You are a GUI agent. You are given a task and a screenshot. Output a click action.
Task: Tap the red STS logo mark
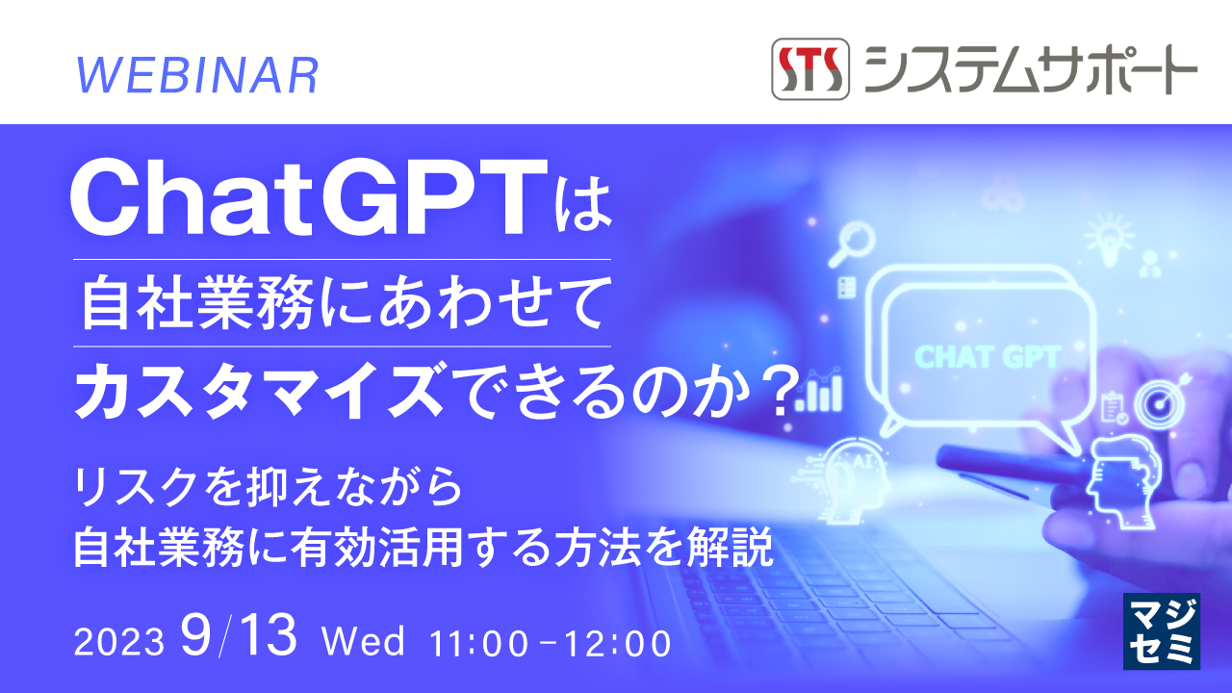[810, 69]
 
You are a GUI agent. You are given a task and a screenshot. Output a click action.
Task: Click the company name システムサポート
[1030, 69]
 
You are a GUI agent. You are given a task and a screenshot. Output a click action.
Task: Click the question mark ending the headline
[780, 391]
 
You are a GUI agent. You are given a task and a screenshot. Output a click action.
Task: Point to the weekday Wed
[365, 642]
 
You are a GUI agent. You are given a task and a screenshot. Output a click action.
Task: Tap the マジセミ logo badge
[1162, 631]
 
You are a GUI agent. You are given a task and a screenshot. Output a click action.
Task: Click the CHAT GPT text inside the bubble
[987, 357]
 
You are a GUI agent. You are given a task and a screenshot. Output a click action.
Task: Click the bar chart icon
[823, 392]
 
